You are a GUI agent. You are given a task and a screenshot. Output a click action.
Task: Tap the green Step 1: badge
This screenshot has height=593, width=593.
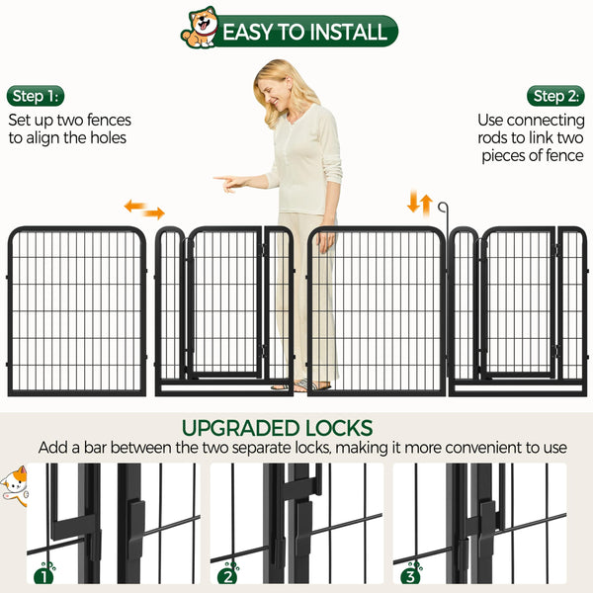[36, 96]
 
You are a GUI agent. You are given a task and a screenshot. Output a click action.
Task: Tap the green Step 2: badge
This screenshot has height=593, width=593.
[556, 96]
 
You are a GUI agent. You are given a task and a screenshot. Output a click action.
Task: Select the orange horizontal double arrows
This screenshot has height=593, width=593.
[143, 210]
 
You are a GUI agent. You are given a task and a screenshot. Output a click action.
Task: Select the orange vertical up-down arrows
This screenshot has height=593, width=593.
[420, 205]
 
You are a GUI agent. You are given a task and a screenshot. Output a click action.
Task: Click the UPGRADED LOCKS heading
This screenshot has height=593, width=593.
[277, 428]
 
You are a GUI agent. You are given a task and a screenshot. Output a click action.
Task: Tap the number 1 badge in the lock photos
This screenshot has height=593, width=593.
[43, 573]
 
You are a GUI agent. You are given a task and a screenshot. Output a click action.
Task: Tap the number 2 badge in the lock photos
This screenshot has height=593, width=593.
[228, 573]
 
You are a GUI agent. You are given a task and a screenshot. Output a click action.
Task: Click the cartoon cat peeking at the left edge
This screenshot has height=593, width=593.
[13, 485]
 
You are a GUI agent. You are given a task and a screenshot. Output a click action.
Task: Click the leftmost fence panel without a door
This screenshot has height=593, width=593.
[76, 311]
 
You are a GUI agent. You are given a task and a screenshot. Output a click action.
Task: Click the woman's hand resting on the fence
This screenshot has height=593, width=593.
[325, 239]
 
